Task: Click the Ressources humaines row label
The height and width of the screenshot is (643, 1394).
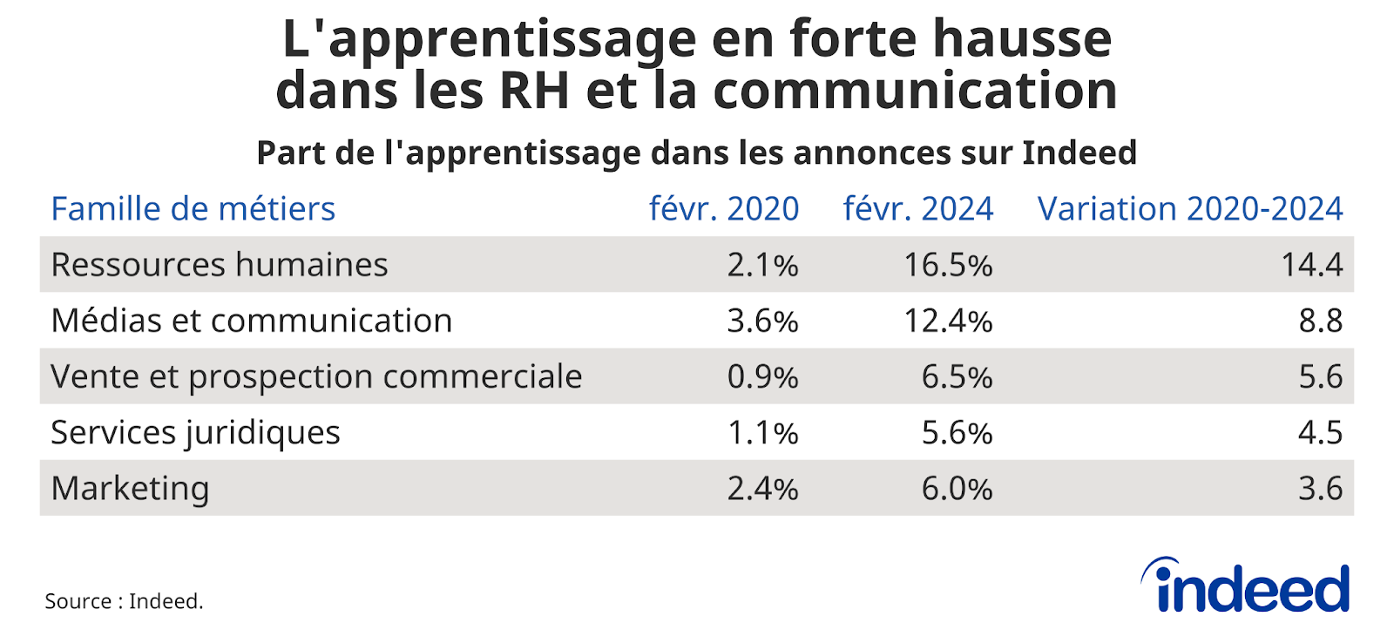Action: tap(220, 265)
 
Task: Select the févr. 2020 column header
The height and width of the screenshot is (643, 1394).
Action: tap(724, 209)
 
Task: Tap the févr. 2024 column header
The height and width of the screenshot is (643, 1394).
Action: tap(918, 209)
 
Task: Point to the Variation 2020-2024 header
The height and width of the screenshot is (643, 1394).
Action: tap(1190, 209)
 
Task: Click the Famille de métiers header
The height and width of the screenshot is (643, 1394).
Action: tap(193, 209)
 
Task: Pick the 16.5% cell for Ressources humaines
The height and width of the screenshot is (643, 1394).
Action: tap(948, 265)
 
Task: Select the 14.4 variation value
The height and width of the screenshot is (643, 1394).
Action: tap(1311, 265)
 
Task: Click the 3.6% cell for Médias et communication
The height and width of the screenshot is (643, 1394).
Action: tap(762, 321)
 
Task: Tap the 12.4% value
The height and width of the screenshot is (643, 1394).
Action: tap(948, 321)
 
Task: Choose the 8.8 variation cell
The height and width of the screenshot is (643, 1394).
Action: tap(1320, 321)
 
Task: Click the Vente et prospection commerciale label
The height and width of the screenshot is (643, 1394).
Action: tap(316, 376)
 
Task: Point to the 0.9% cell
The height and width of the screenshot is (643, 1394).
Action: tap(762, 376)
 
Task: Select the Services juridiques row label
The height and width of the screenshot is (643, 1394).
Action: tap(195, 432)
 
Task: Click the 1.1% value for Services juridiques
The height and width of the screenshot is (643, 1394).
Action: tap(762, 432)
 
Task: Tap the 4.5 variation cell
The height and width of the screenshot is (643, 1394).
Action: tap(1320, 432)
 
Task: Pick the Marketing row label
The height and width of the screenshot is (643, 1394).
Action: tap(130, 488)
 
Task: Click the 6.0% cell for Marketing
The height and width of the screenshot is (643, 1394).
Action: tap(957, 488)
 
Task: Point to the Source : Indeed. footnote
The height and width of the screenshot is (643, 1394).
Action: tap(124, 601)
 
